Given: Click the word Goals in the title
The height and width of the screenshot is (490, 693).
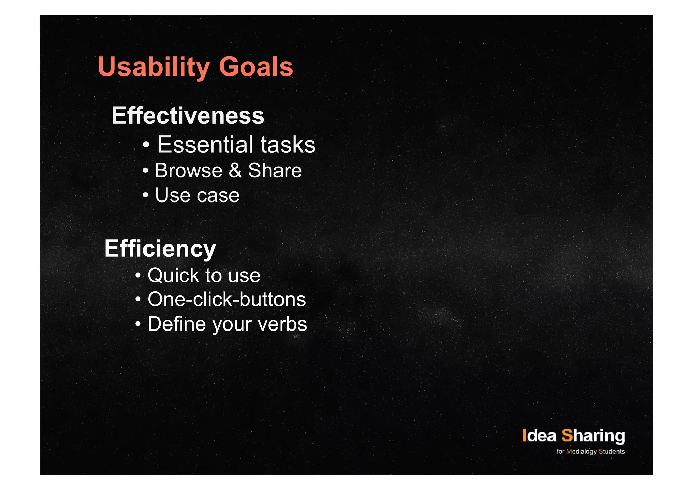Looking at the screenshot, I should (x=256, y=67).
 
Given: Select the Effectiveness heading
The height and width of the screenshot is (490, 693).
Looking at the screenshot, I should (x=188, y=116).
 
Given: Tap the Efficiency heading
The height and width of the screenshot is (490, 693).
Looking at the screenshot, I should (x=160, y=249).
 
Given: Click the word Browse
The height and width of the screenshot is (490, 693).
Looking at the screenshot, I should (x=188, y=170).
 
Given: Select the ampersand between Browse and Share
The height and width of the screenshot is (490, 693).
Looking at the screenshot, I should (x=235, y=170).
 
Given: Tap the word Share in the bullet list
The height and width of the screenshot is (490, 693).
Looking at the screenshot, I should (x=275, y=170).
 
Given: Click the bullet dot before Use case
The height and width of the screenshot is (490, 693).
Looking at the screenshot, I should (x=145, y=195).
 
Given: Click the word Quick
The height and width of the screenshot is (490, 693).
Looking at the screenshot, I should (x=173, y=275).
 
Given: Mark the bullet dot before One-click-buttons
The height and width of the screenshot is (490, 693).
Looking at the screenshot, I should (x=138, y=299).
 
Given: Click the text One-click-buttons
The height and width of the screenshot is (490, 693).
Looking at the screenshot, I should (x=226, y=299).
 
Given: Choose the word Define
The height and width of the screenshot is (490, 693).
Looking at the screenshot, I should (x=177, y=324).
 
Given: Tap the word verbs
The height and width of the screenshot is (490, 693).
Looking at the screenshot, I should (x=282, y=324).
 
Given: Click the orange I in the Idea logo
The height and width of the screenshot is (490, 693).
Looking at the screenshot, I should (x=524, y=435).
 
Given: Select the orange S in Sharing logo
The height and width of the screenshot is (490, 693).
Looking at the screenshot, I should (x=567, y=435).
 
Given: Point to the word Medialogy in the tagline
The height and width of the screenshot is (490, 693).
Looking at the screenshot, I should (x=581, y=452).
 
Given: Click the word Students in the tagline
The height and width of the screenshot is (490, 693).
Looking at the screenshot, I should (x=611, y=451).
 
